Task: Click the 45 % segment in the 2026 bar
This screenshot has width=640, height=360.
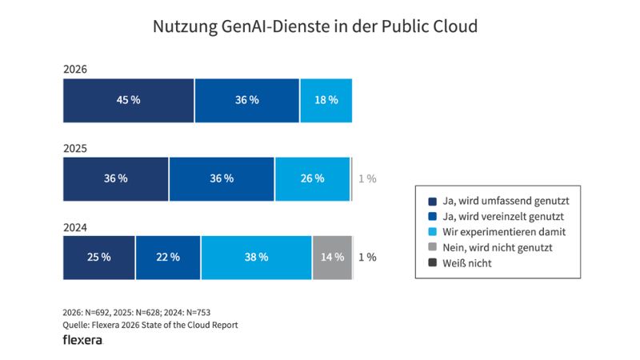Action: click(128, 100)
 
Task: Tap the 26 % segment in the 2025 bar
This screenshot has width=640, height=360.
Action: click(312, 178)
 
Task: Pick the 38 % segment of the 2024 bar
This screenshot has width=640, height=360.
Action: click(256, 257)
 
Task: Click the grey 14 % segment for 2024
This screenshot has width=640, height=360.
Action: click(332, 257)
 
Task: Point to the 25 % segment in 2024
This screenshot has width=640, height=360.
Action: click(99, 257)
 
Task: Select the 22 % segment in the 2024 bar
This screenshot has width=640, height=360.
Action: click(168, 257)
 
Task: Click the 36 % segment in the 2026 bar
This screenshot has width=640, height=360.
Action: click(247, 100)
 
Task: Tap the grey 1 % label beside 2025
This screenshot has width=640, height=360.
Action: click(366, 178)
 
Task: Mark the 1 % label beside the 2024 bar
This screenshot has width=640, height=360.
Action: click(366, 257)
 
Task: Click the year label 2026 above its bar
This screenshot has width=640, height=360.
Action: click(74, 70)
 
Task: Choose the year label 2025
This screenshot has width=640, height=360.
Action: click(74, 149)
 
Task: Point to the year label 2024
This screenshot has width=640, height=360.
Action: click(74, 227)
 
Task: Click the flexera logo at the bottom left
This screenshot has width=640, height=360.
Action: click(82, 340)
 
